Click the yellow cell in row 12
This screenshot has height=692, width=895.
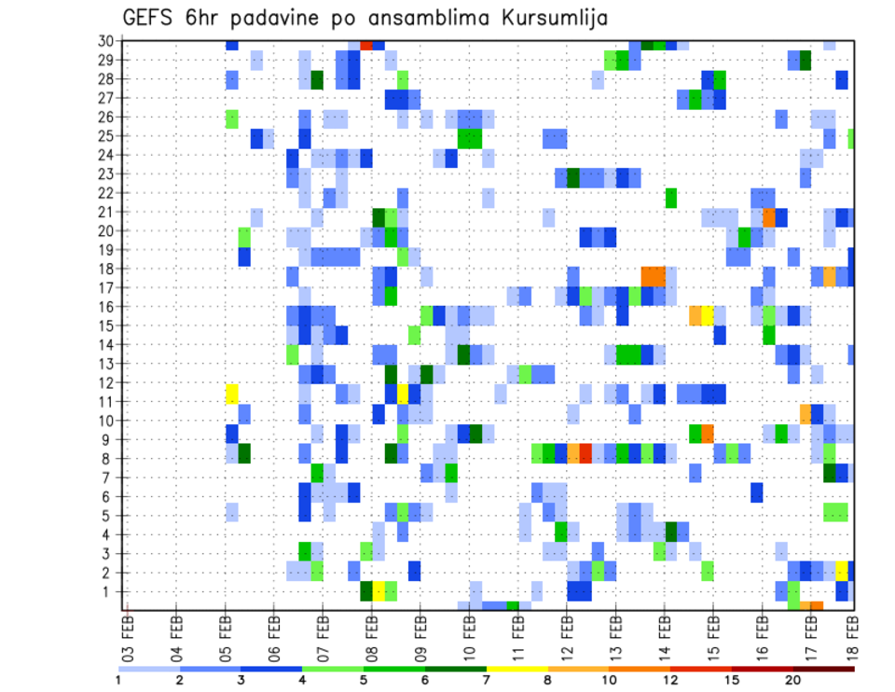coord(232,393)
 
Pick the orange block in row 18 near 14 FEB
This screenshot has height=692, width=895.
coord(653,277)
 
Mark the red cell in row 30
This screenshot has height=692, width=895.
coord(366,45)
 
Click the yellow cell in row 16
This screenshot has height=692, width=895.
coord(708,314)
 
